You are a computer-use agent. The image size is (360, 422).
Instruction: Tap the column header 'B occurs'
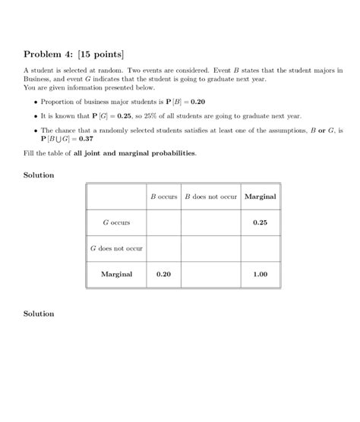pyautogui.click(x=163, y=197)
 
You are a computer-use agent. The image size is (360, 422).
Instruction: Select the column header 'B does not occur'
pyautogui.click(x=211, y=197)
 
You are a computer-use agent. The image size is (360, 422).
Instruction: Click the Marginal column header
pyautogui.click(x=261, y=197)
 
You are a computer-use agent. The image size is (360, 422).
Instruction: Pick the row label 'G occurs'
pyautogui.click(x=116, y=222)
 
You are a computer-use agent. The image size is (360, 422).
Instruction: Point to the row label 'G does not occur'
pyautogui.click(x=116, y=248)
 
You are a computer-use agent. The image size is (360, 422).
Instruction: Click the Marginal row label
pyautogui.click(x=116, y=274)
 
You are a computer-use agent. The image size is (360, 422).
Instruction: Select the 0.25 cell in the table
pyautogui.click(x=261, y=222)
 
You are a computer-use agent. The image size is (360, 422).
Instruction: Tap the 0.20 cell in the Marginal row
pyautogui.click(x=163, y=274)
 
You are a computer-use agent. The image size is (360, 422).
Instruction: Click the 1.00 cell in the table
pyautogui.click(x=261, y=274)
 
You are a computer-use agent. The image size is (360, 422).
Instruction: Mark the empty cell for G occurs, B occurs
pyautogui.click(x=163, y=222)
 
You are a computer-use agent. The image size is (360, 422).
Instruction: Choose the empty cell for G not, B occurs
pyautogui.click(x=163, y=248)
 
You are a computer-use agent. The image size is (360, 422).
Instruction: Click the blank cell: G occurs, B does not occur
pyautogui.click(x=211, y=222)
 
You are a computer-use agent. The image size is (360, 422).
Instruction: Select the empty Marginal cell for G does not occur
pyautogui.click(x=261, y=248)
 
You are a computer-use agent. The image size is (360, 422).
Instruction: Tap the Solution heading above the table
pyautogui.click(x=39, y=175)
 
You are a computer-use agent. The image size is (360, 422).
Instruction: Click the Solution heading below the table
pyautogui.click(x=39, y=313)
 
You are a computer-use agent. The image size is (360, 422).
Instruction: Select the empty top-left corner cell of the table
pyautogui.click(x=116, y=197)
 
